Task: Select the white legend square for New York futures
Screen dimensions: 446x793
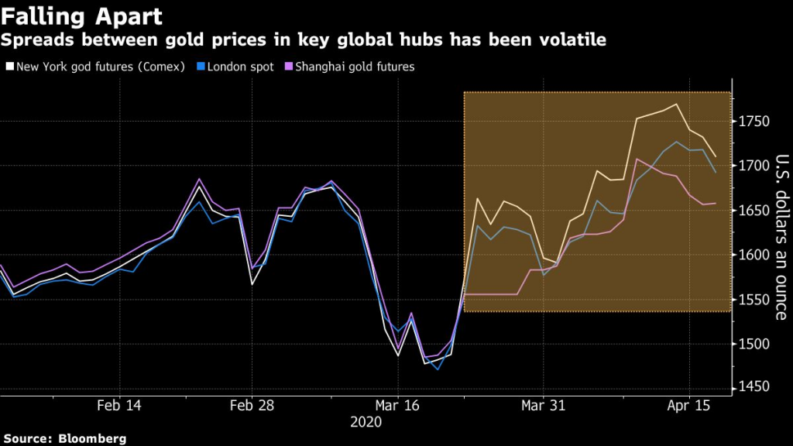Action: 9,67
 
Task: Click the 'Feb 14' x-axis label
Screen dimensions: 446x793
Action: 120,406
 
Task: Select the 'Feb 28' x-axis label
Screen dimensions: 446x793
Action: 252,406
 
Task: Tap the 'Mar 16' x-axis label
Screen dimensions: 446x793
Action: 397,406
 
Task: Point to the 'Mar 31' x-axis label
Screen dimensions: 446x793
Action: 543,406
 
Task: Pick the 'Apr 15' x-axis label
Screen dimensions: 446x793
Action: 689,406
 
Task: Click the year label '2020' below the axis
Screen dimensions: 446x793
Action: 366,422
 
